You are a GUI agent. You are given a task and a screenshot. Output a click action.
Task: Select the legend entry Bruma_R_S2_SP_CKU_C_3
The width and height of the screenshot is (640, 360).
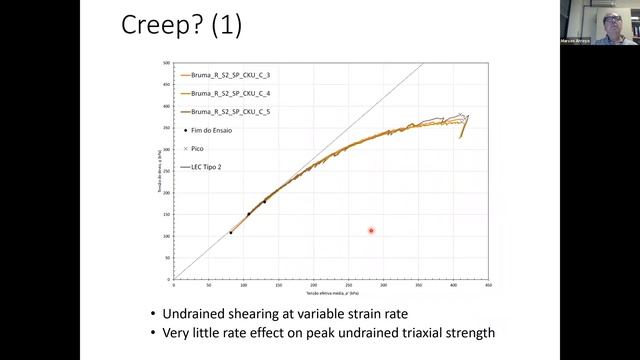coord(229,75)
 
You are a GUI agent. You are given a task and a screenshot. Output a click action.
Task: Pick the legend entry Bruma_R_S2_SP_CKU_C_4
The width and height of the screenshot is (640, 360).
coord(229,93)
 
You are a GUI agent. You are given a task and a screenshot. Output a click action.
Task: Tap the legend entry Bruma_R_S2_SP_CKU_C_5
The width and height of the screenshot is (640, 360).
coord(229,111)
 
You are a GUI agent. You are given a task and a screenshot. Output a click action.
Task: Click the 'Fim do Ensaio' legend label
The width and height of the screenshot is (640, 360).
coord(210,129)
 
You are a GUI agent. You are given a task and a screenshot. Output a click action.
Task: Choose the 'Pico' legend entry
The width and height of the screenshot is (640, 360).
coord(197,148)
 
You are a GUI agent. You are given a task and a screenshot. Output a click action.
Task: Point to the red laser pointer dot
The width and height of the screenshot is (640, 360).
coord(371,231)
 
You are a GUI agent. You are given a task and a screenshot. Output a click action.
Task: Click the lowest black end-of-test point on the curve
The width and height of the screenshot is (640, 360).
coord(231,233)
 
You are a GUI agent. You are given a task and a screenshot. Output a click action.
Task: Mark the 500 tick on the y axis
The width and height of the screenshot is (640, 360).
coord(166,63)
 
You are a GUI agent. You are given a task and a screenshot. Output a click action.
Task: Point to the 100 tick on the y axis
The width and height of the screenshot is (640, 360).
coord(166,236)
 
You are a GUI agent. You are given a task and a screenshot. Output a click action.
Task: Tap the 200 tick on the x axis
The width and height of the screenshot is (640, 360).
coord(313,283)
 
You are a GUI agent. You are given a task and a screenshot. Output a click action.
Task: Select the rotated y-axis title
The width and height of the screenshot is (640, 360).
coord(157,170)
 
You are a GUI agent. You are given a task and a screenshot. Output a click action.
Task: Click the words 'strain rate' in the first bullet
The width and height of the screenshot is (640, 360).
coord(370,314)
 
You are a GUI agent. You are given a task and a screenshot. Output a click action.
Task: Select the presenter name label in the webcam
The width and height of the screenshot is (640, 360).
coord(577,42)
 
